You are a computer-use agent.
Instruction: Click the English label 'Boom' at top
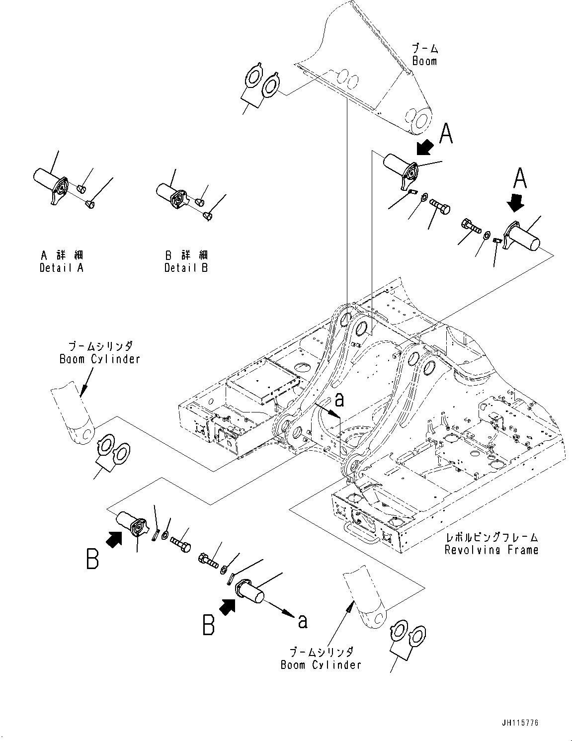click(x=424, y=61)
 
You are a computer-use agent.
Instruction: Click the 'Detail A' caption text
click(x=62, y=268)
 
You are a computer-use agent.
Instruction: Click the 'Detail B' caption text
click(x=186, y=268)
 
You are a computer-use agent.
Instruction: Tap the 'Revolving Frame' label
click(x=491, y=550)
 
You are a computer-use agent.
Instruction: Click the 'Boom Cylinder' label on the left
click(x=100, y=358)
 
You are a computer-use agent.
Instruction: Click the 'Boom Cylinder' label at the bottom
click(x=321, y=664)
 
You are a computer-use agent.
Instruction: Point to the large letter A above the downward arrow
click(x=519, y=178)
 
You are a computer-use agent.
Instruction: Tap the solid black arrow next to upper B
click(x=114, y=539)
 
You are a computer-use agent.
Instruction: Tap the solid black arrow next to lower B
click(x=228, y=606)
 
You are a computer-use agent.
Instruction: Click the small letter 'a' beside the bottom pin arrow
click(x=302, y=621)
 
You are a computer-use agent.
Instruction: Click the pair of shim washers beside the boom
click(x=261, y=82)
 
